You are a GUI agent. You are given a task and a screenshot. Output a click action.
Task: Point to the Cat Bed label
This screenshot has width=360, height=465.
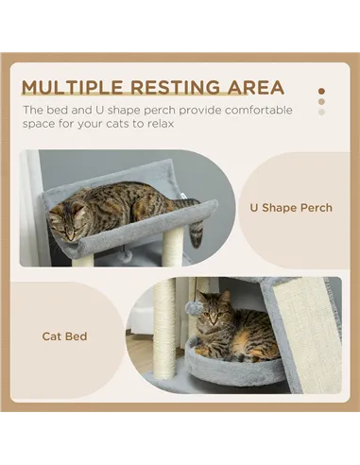(x=64, y=336)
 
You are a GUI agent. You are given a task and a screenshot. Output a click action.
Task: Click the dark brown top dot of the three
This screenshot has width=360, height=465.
(x=321, y=92)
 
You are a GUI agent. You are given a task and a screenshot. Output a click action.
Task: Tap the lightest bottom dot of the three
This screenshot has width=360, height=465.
(x=321, y=112)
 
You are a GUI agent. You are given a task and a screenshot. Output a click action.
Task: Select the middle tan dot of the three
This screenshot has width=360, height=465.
(x=321, y=101)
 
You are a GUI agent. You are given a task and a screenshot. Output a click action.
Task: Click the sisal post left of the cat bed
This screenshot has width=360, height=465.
(x=165, y=326)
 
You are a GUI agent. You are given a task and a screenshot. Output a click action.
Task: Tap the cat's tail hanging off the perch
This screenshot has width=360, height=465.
(x=196, y=232)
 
